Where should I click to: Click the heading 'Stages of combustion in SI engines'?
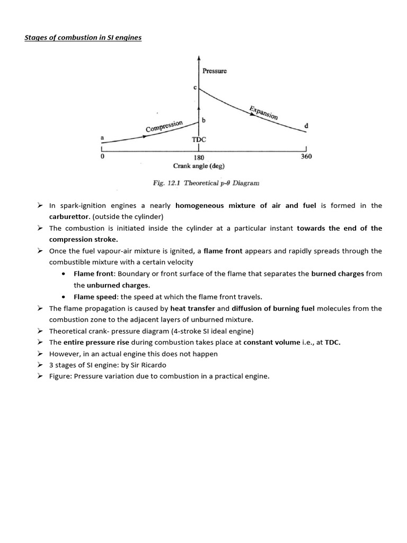click(x=83, y=38)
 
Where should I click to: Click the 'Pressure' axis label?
click(x=215, y=71)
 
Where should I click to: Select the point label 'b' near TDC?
click(x=204, y=121)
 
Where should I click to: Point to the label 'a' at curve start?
click(x=102, y=138)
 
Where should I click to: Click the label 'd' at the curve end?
click(x=306, y=126)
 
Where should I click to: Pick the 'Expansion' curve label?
click(x=263, y=112)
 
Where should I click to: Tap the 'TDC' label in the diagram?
click(x=199, y=139)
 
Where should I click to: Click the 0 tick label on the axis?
click(x=102, y=157)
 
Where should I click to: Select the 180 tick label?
click(x=199, y=157)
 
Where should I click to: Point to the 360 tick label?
click(x=306, y=156)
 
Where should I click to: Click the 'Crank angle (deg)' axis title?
click(x=199, y=166)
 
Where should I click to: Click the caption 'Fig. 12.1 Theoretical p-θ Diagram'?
click(x=206, y=183)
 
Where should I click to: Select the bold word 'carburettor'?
click(x=69, y=217)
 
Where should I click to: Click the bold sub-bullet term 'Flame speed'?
click(x=93, y=296)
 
